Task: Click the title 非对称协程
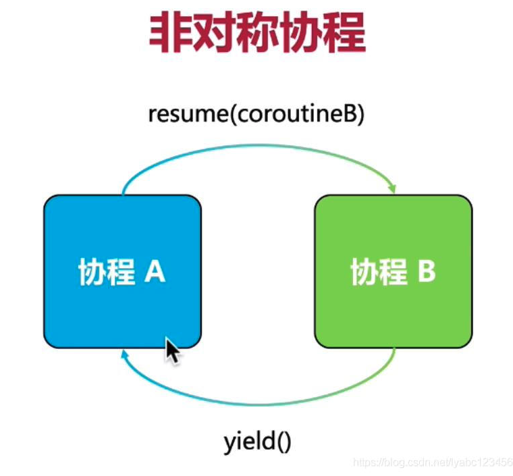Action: tap(257, 32)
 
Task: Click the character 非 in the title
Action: tap(170, 32)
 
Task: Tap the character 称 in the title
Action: tap(257, 32)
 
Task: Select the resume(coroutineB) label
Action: tap(256, 114)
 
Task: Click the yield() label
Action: tap(257, 442)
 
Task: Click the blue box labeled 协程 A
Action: tap(122, 271)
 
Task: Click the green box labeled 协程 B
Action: tap(394, 271)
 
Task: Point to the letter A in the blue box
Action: tap(155, 271)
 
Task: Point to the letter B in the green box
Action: tap(427, 271)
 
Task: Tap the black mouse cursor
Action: tap(172, 350)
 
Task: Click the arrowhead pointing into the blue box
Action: tap(124, 354)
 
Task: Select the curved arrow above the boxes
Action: tap(259, 145)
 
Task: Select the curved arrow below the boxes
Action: tap(259, 405)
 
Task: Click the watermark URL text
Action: tap(433, 462)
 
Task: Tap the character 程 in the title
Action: tap(344, 32)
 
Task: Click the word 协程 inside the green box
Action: tap(379, 271)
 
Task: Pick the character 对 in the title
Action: tap(214, 32)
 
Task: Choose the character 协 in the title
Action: tap(301, 32)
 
